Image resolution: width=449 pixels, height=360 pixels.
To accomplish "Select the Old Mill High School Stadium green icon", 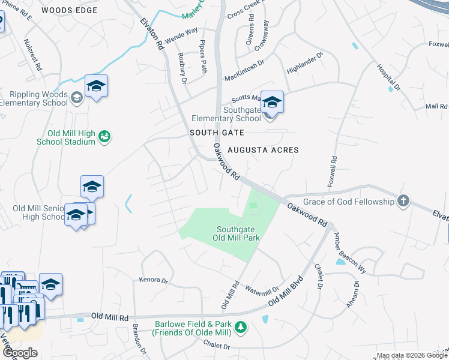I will coord(105,137).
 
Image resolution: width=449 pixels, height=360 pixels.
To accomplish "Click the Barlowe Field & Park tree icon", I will coord(241,327).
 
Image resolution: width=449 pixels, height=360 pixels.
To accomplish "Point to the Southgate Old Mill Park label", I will coord(238,233).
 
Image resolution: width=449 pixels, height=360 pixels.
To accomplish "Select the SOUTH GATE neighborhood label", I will coord(217,132).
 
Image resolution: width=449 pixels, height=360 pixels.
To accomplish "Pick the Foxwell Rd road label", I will coord(334,170).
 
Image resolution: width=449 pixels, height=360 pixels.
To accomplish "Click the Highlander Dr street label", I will coord(305,62).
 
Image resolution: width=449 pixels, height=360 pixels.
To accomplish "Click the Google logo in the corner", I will coord(20,353).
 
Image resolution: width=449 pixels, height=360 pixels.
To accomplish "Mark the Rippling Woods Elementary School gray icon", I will coord(76,97).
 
